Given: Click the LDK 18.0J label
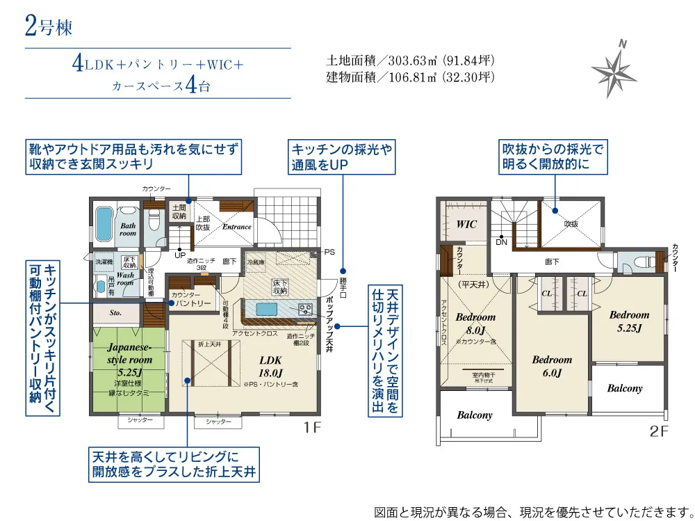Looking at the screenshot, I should [270, 366].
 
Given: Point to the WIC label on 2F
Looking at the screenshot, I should [466, 225].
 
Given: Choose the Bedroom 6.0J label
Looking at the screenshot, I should [552, 366].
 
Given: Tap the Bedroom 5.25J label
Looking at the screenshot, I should [629, 321].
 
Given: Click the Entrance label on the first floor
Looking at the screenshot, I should [236, 227].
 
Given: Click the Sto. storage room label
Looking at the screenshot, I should [115, 313].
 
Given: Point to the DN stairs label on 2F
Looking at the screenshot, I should [501, 243].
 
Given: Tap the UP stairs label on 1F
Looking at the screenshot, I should [179, 255].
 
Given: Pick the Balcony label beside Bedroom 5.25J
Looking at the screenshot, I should [624, 389].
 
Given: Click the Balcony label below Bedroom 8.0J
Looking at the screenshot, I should [475, 415].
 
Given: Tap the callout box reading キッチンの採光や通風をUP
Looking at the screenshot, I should [342, 157].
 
